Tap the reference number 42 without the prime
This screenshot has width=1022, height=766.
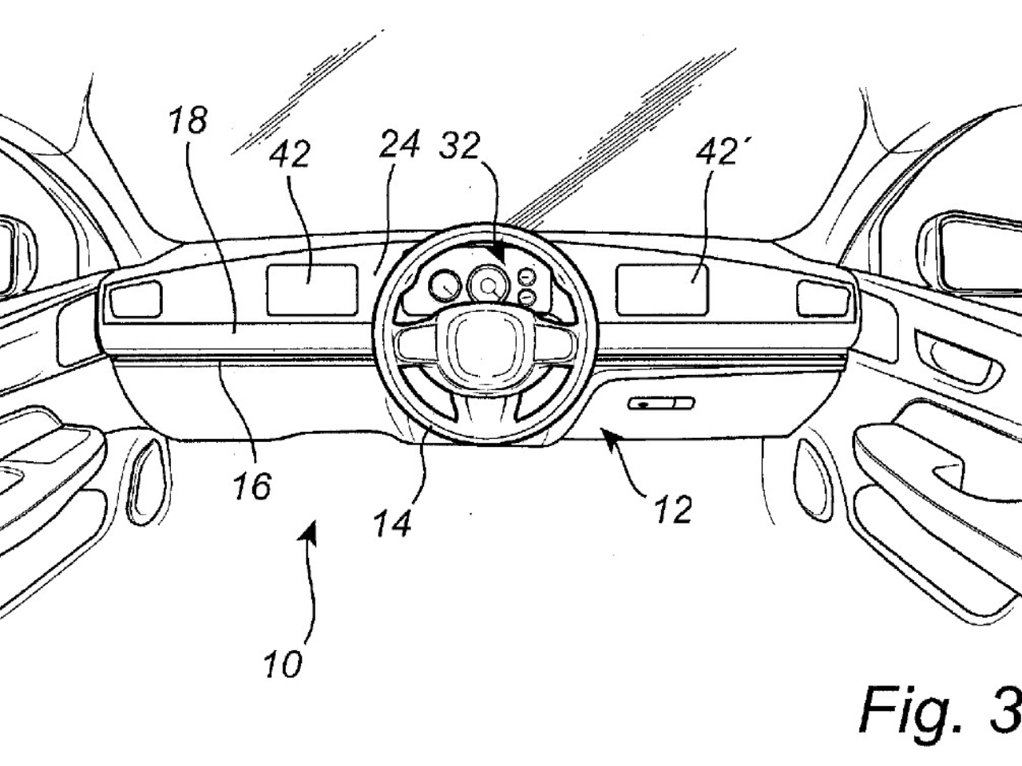click(289, 154)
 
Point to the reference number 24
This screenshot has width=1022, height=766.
click(399, 146)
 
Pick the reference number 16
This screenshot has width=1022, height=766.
click(252, 485)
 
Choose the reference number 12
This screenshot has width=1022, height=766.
click(672, 509)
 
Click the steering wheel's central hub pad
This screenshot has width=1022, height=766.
click(476, 344)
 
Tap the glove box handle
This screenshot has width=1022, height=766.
click(661, 404)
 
